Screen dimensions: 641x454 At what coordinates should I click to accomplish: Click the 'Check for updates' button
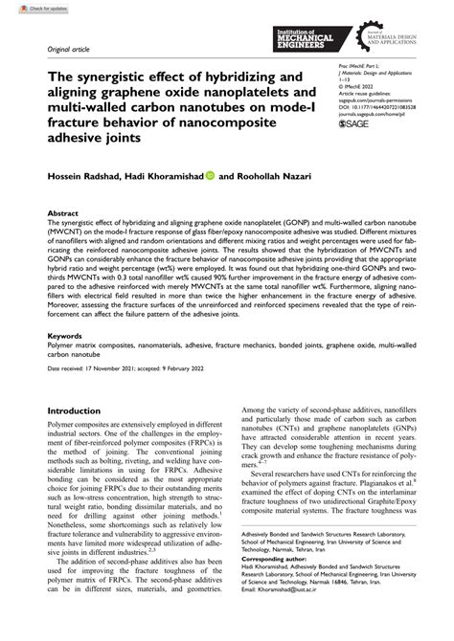click(x=26, y=7)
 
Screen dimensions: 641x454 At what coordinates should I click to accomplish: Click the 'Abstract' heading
click(x=63, y=214)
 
